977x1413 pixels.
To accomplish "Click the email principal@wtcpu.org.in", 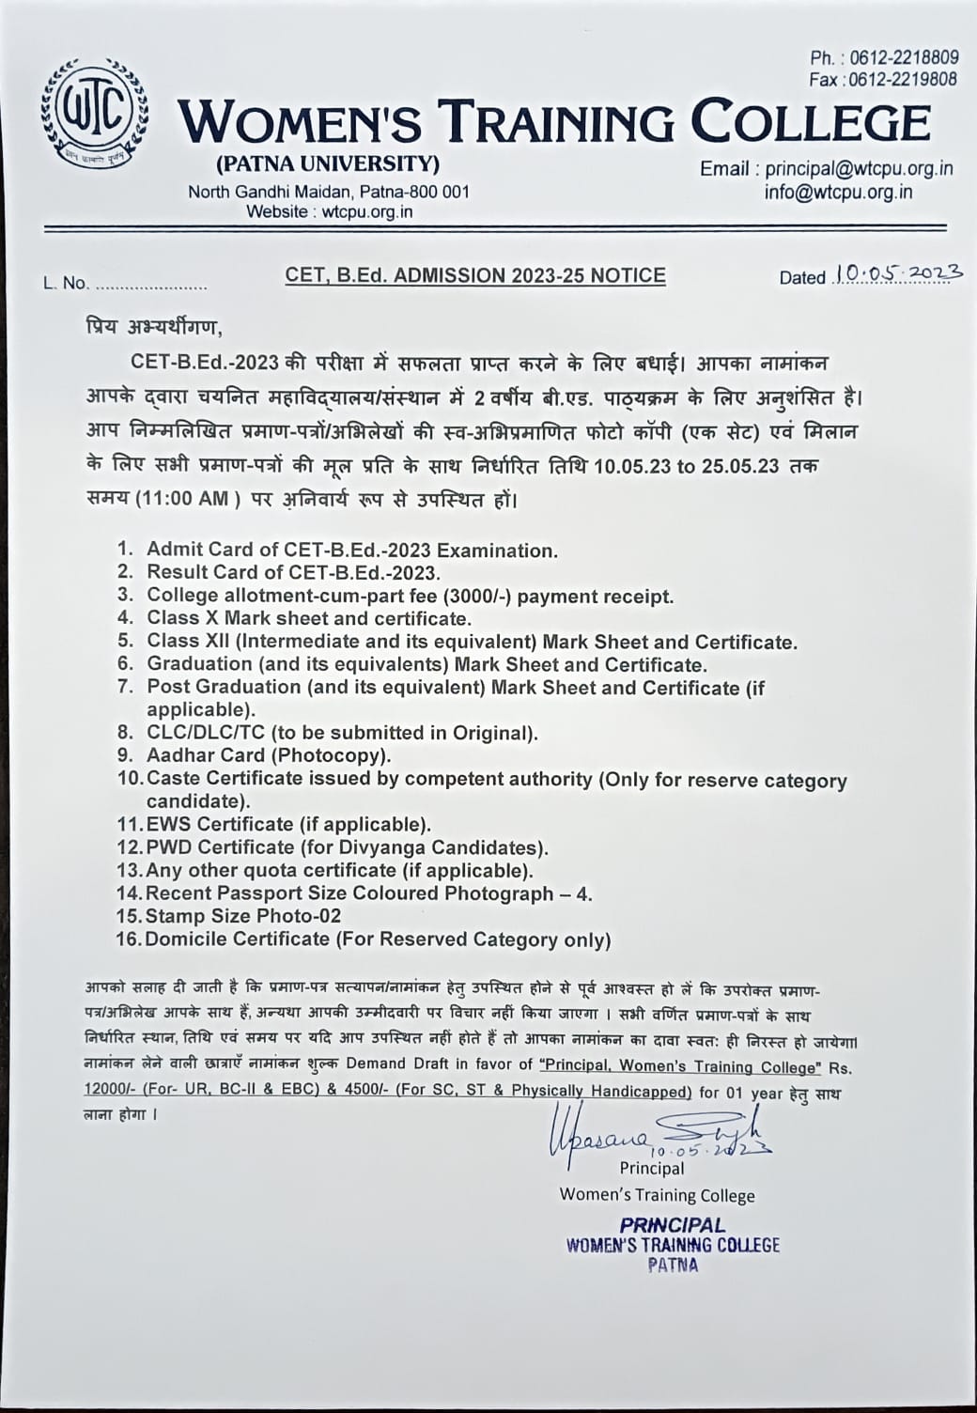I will (859, 169).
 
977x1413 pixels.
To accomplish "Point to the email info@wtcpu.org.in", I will (851, 192).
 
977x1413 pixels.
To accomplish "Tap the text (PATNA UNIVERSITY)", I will (328, 164).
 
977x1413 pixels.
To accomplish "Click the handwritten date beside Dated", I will (897, 273).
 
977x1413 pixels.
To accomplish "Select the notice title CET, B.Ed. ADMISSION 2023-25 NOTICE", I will (475, 275).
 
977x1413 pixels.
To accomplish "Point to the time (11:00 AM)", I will (182, 499).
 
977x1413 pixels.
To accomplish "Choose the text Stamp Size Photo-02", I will (243, 916).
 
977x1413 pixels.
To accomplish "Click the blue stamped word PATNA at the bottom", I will (673, 1265).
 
